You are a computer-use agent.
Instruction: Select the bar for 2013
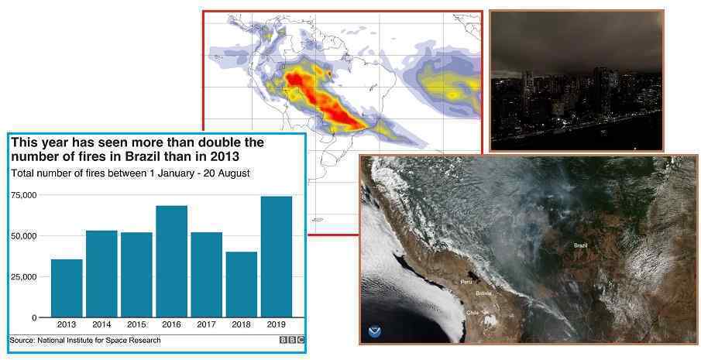(67, 288)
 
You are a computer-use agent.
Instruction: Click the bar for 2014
(101, 274)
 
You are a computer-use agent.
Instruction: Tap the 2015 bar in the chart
(136, 275)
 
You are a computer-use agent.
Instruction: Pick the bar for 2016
(172, 262)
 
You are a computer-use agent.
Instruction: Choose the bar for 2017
(207, 275)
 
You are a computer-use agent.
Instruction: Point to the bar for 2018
(242, 285)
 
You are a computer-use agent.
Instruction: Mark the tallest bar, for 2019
(277, 257)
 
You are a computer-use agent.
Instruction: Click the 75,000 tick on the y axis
(24, 195)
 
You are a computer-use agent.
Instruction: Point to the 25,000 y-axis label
(24, 277)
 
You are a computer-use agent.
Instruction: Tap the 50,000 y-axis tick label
(24, 236)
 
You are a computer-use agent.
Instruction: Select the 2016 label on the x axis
(172, 324)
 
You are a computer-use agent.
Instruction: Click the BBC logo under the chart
(292, 341)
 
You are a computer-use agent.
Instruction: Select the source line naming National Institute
(85, 341)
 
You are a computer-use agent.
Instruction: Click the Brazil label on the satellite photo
(580, 245)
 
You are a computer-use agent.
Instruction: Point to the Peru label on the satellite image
(466, 282)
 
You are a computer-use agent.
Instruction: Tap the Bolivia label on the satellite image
(483, 293)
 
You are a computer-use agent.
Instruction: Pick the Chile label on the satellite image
(472, 313)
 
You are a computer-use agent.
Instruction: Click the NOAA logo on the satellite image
(374, 332)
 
